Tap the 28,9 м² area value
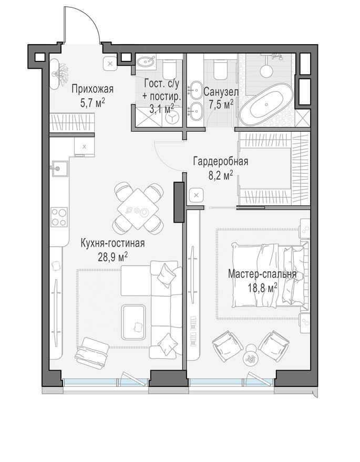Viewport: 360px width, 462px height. coord(112,257)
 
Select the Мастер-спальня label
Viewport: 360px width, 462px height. coord(262,274)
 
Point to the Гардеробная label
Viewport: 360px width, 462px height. coord(221,161)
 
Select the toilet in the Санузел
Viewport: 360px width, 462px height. coord(221,69)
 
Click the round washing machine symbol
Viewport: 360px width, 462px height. coord(171,118)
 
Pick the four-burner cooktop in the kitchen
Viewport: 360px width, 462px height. coord(59,217)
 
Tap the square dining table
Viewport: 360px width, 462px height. coord(138,208)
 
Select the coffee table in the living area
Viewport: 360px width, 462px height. coord(134,322)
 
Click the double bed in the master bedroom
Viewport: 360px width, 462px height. coord(270,276)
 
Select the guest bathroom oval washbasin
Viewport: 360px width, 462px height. coord(146,61)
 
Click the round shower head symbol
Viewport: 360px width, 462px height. coord(266,71)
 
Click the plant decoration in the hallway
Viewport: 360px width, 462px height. coord(60,73)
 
